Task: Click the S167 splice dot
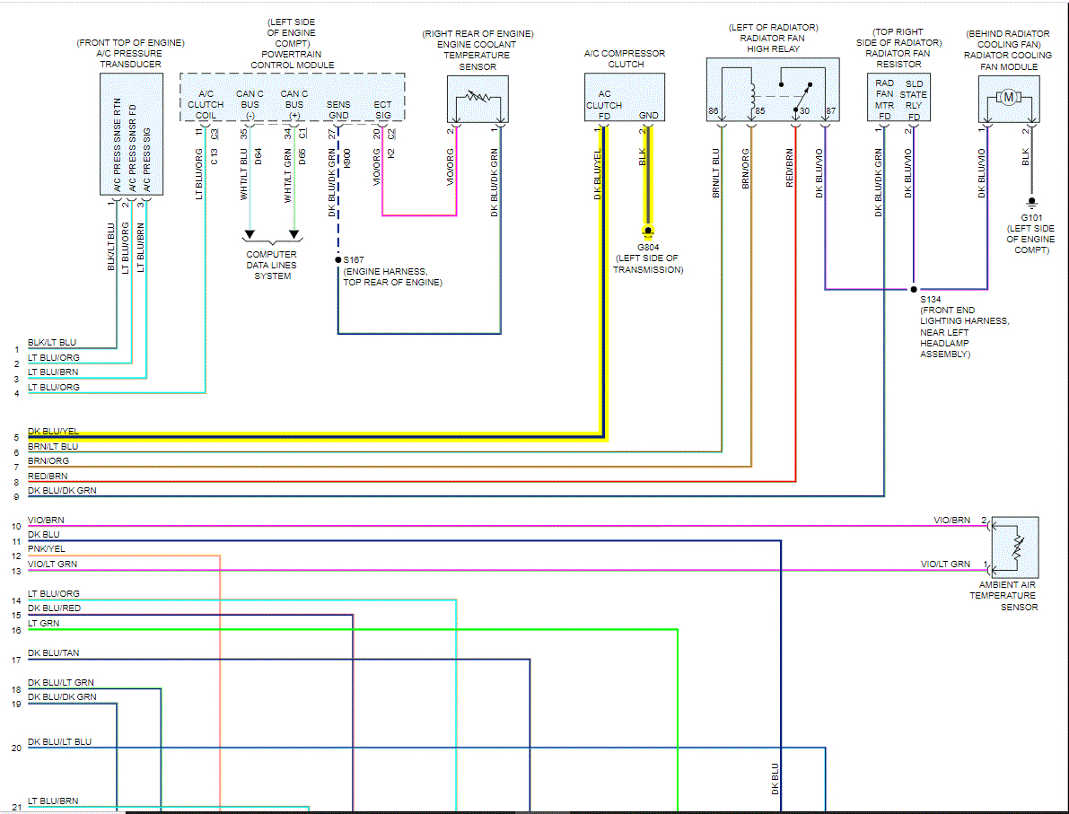(338, 260)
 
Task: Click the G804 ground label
(647, 247)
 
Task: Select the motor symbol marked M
(1009, 96)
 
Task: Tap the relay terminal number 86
(714, 112)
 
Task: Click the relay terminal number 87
(830, 112)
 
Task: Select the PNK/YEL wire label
(46, 549)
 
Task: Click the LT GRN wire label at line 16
(43, 623)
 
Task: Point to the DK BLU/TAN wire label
(53, 653)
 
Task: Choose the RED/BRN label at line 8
(48, 477)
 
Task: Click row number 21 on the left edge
(16, 807)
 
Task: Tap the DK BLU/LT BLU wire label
(59, 742)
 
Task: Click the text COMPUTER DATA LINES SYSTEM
(272, 266)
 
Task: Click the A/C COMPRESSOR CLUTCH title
(626, 59)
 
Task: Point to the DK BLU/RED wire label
(54, 608)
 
